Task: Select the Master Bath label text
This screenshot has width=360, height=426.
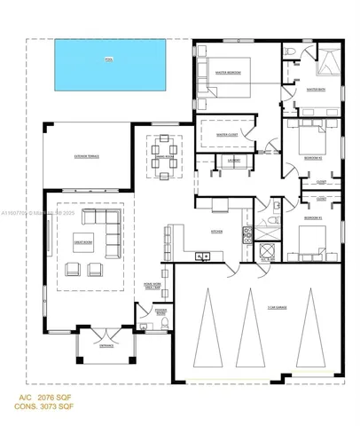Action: [316, 90]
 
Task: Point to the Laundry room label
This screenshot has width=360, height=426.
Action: [234, 161]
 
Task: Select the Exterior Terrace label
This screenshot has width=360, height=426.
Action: [87, 156]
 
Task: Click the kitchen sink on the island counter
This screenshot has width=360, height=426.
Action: [203, 256]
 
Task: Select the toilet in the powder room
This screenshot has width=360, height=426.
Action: [166, 327]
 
